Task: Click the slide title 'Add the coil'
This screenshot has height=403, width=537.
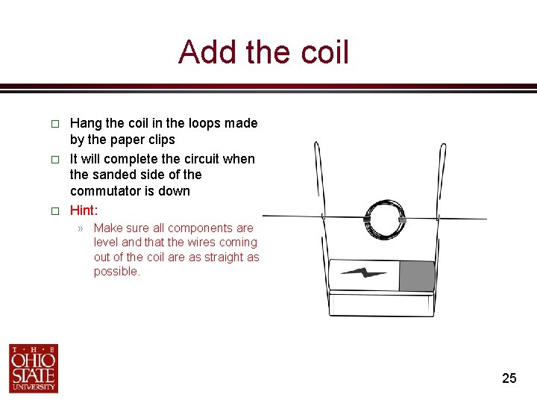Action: tap(263, 53)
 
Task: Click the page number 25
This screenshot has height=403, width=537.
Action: tap(509, 378)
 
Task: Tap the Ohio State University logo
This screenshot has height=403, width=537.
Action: tap(34, 368)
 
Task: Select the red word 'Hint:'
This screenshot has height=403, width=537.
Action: tap(84, 210)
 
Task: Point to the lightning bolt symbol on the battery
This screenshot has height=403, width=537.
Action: tap(364, 274)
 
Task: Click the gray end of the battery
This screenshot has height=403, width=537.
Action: tap(417, 275)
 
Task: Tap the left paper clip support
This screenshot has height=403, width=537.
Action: tap(321, 216)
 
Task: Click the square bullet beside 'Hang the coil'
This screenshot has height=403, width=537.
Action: tap(54, 124)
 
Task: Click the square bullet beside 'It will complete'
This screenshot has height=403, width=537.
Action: tap(54, 160)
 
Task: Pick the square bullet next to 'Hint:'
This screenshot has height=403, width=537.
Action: tap(54, 211)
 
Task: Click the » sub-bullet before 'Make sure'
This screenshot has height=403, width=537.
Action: tap(80, 228)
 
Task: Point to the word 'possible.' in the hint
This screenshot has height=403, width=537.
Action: tap(116, 272)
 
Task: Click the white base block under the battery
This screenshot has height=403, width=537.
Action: tap(381, 303)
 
